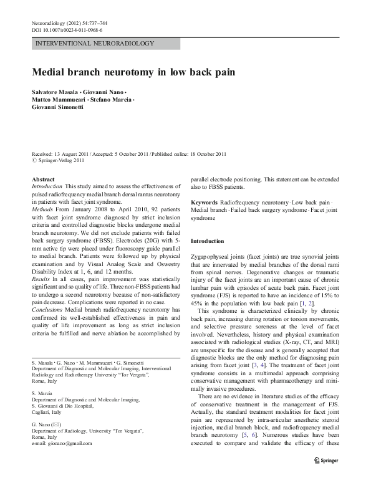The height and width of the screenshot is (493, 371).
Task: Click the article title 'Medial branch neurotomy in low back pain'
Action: pyautogui.click(x=133, y=72)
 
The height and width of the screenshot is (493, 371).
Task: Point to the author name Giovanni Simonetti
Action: pyautogui.click(x=59, y=107)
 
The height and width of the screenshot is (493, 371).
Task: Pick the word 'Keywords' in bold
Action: pyautogui.click(x=204, y=204)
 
